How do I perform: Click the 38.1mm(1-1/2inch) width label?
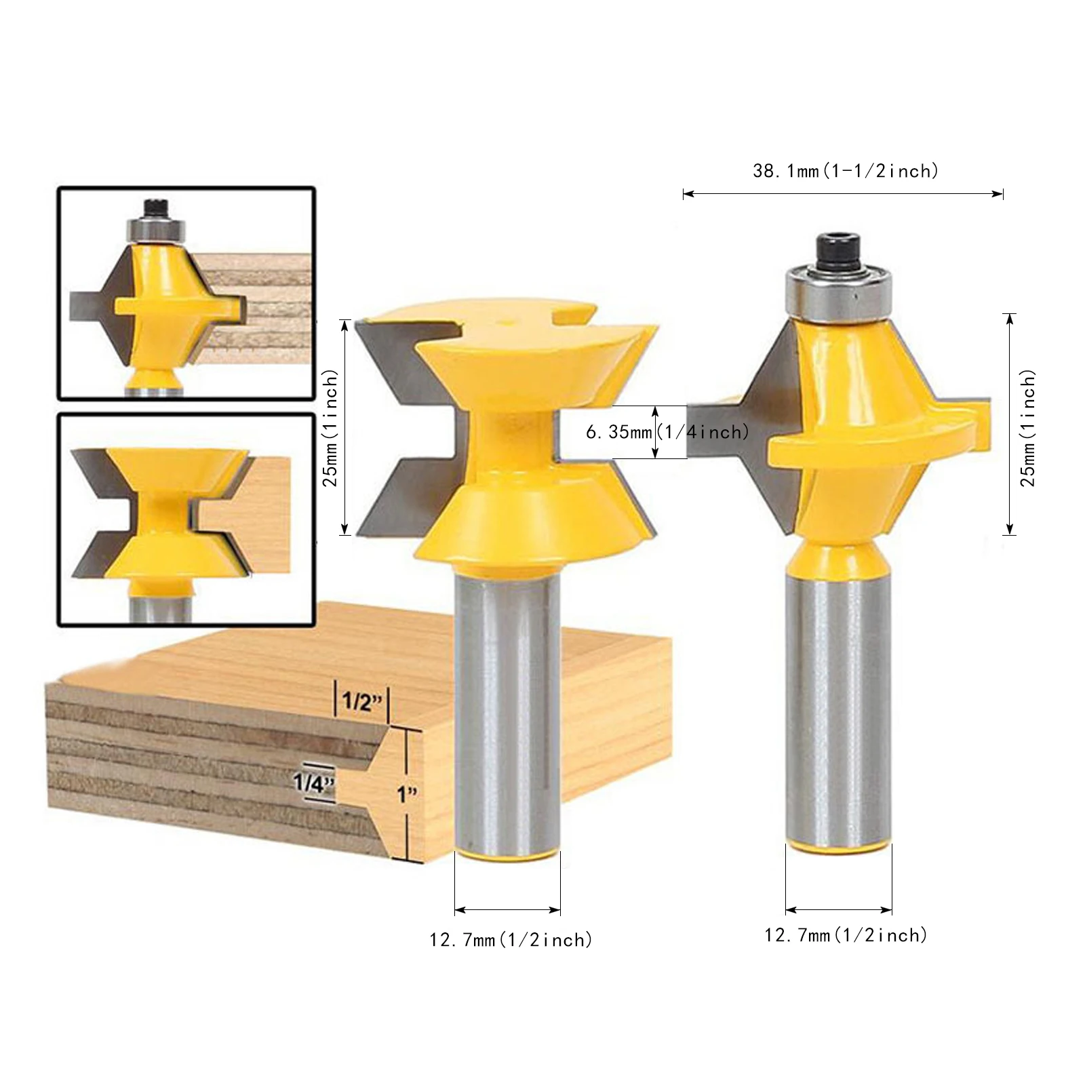tap(846, 171)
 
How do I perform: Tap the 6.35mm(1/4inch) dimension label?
tap(667, 432)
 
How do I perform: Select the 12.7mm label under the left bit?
tap(511, 940)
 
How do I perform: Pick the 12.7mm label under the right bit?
tap(846, 935)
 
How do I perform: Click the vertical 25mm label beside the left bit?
tap(330, 427)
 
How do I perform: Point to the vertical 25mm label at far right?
tap(1028, 427)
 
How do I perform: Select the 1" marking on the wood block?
tap(407, 793)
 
